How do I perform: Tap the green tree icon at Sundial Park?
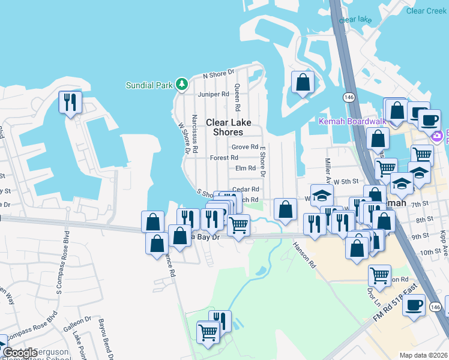click(181, 85)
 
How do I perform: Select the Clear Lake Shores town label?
click(224, 127)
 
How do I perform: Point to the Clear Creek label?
click(426, 11)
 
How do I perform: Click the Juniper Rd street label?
click(217, 94)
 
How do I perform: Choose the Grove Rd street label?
click(244, 147)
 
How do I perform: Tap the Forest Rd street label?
click(224, 158)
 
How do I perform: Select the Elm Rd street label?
click(246, 169)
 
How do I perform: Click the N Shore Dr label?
click(218, 74)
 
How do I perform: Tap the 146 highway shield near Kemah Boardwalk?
click(348, 97)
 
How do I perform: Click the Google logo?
click(20, 353)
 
